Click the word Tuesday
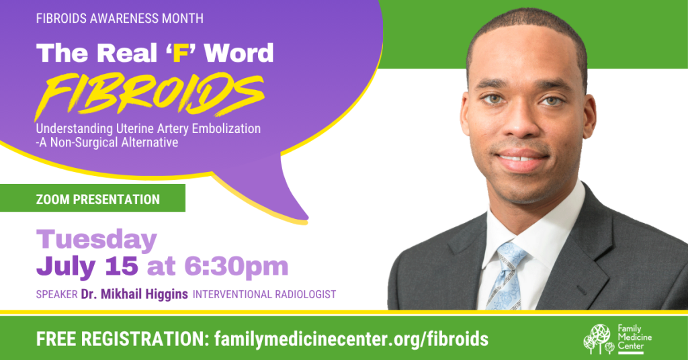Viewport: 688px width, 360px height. tap(97, 240)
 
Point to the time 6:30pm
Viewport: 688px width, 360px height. tap(236, 267)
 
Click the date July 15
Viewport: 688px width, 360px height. tap(87, 266)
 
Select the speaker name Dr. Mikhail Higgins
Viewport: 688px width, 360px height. tap(134, 294)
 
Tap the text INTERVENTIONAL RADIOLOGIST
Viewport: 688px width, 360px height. tap(265, 294)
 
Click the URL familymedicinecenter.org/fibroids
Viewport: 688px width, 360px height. tap(351, 339)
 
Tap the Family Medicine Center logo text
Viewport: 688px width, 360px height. tap(634, 337)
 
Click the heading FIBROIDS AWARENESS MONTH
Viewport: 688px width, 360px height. tap(120, 18)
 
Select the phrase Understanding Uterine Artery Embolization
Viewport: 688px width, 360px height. tap(148, 129)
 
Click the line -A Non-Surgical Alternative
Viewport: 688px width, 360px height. tap(107, 143)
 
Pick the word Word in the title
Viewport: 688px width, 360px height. tap(239, 53)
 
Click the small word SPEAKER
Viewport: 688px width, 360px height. tap(56, 295)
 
